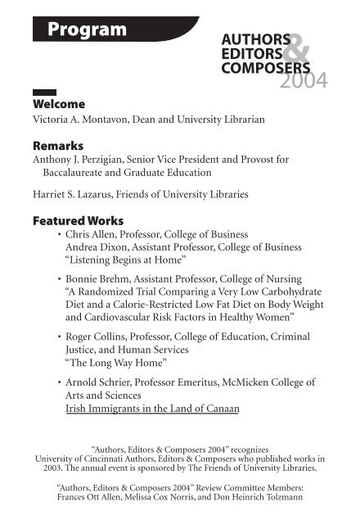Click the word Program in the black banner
[x=87, y=30]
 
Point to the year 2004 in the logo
[x=302, y=79]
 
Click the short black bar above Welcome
[x=43, y=93]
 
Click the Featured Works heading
[x=77, y=221]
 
